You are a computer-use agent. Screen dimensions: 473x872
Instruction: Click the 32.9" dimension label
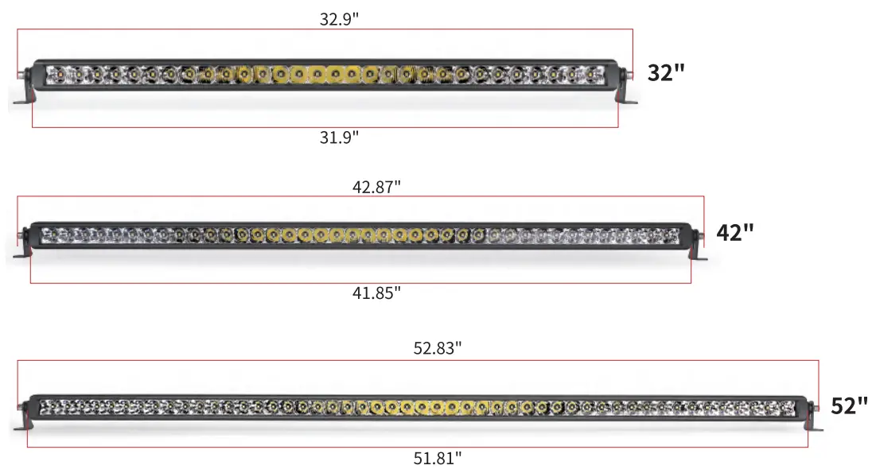pyautogui.click(x=340, y=20)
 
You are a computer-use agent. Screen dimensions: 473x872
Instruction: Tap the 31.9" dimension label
pyautogui.click(x=339, y=138)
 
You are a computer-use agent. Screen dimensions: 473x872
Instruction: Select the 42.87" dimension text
pyautogui.click(x=376, y=187)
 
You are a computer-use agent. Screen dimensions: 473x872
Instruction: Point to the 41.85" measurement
pyautogui.click(x=376, y=293)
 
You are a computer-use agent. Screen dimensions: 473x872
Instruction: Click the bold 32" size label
pyautogui.click(x=666, y=73)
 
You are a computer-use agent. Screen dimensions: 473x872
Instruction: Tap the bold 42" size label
pyautogui.click(x=734, y=233)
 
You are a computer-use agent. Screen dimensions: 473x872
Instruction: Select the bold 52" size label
pyautogui.click(x=849, y=406)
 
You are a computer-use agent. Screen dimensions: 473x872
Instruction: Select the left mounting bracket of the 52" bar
pyautogui.click(x=23, y=421)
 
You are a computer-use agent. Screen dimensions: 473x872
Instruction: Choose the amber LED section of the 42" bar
pyautogui.click(x=350, y=235)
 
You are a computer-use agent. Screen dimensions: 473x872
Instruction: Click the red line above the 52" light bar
pyautogui.click(x=418, y=361)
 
